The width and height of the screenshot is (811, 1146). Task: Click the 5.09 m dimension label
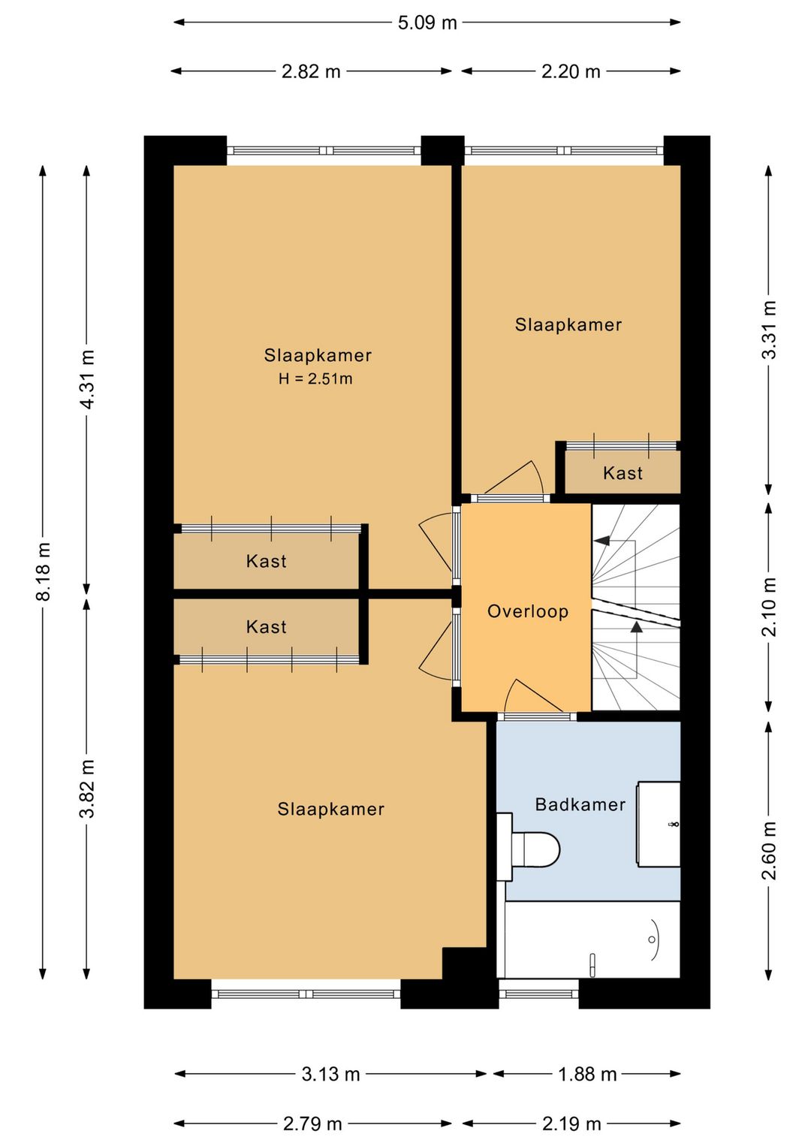coord(427,23)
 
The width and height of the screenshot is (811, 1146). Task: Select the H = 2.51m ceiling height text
coord(315,379)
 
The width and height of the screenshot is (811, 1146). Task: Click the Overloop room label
coord(528,611)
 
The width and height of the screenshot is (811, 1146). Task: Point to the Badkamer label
coord(580,805)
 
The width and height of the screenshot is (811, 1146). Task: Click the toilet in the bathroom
coord(535,850)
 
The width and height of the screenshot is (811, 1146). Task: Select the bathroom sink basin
coord(659,824)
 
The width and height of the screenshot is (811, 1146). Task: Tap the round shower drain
coord(651,939)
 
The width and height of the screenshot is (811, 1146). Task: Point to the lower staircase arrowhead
coord(636,627)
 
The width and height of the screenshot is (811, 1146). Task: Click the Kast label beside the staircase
coord(623,473)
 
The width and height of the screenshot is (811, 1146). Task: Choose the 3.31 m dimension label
coord(769,330)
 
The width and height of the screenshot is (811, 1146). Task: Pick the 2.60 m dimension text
coord(769,850)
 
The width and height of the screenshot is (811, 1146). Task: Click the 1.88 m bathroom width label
coord(587,1075)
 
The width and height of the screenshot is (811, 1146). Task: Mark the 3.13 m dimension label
coord(330,1075)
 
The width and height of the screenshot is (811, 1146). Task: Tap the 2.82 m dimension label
coord(311,71)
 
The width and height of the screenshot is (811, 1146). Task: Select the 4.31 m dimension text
coord(89,379)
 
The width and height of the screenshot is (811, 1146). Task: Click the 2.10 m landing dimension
coord(769,607)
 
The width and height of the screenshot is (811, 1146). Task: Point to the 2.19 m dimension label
coord(571,1124)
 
